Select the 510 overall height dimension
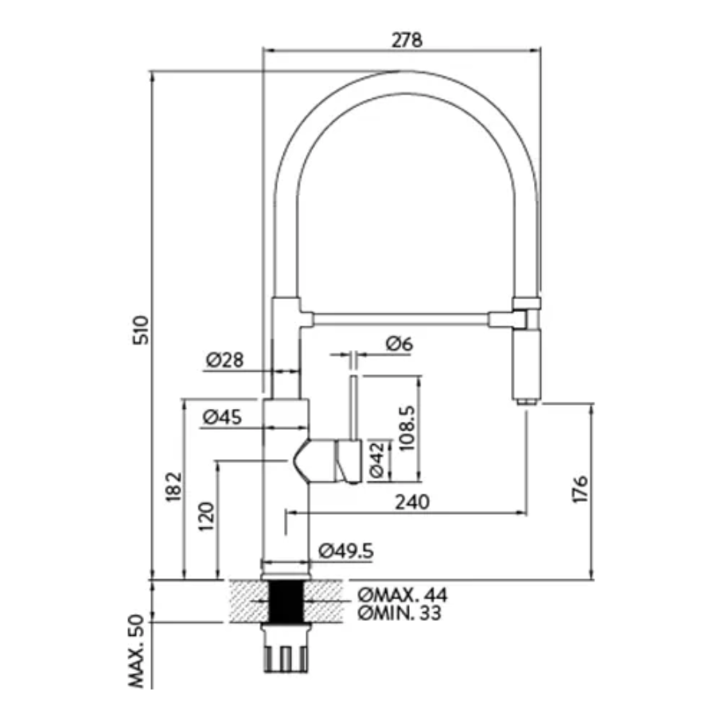pos(139,329)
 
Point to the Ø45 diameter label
pos(223,416)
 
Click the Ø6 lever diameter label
pos(399,344)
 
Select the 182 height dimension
pos(174,487)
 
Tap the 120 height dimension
pos(206,519)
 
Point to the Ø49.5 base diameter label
pos(346,550)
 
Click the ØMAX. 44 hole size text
pos(403,595)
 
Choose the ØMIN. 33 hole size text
pos(399,613)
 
